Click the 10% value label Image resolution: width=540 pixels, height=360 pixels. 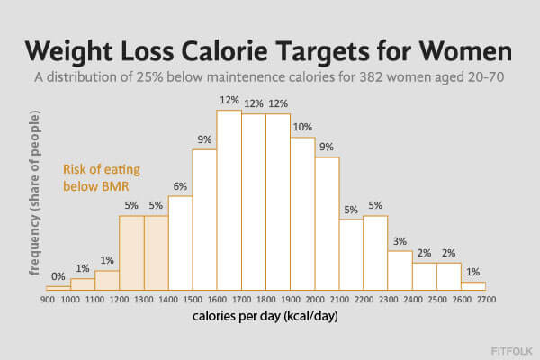click(x=301, y=127)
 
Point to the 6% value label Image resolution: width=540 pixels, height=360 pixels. click(x=180, y=186)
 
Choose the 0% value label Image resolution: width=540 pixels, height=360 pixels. click(x=58, y=277)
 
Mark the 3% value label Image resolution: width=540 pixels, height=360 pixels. click(x=400, y=241)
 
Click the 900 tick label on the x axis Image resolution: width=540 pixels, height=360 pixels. click(x=47, y=300)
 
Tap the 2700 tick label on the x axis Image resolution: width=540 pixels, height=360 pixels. click(x=486, y=300)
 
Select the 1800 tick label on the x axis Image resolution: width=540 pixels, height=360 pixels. click(x=265, y=300)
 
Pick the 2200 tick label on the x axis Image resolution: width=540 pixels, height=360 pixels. click(x=364, y=300)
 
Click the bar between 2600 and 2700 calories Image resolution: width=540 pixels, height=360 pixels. click(x=473, y=286)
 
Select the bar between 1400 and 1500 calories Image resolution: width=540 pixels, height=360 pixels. click(x=180, y=242)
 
